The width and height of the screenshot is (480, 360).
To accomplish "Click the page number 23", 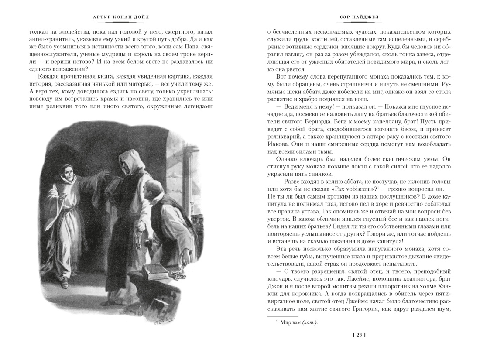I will (359, 335).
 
